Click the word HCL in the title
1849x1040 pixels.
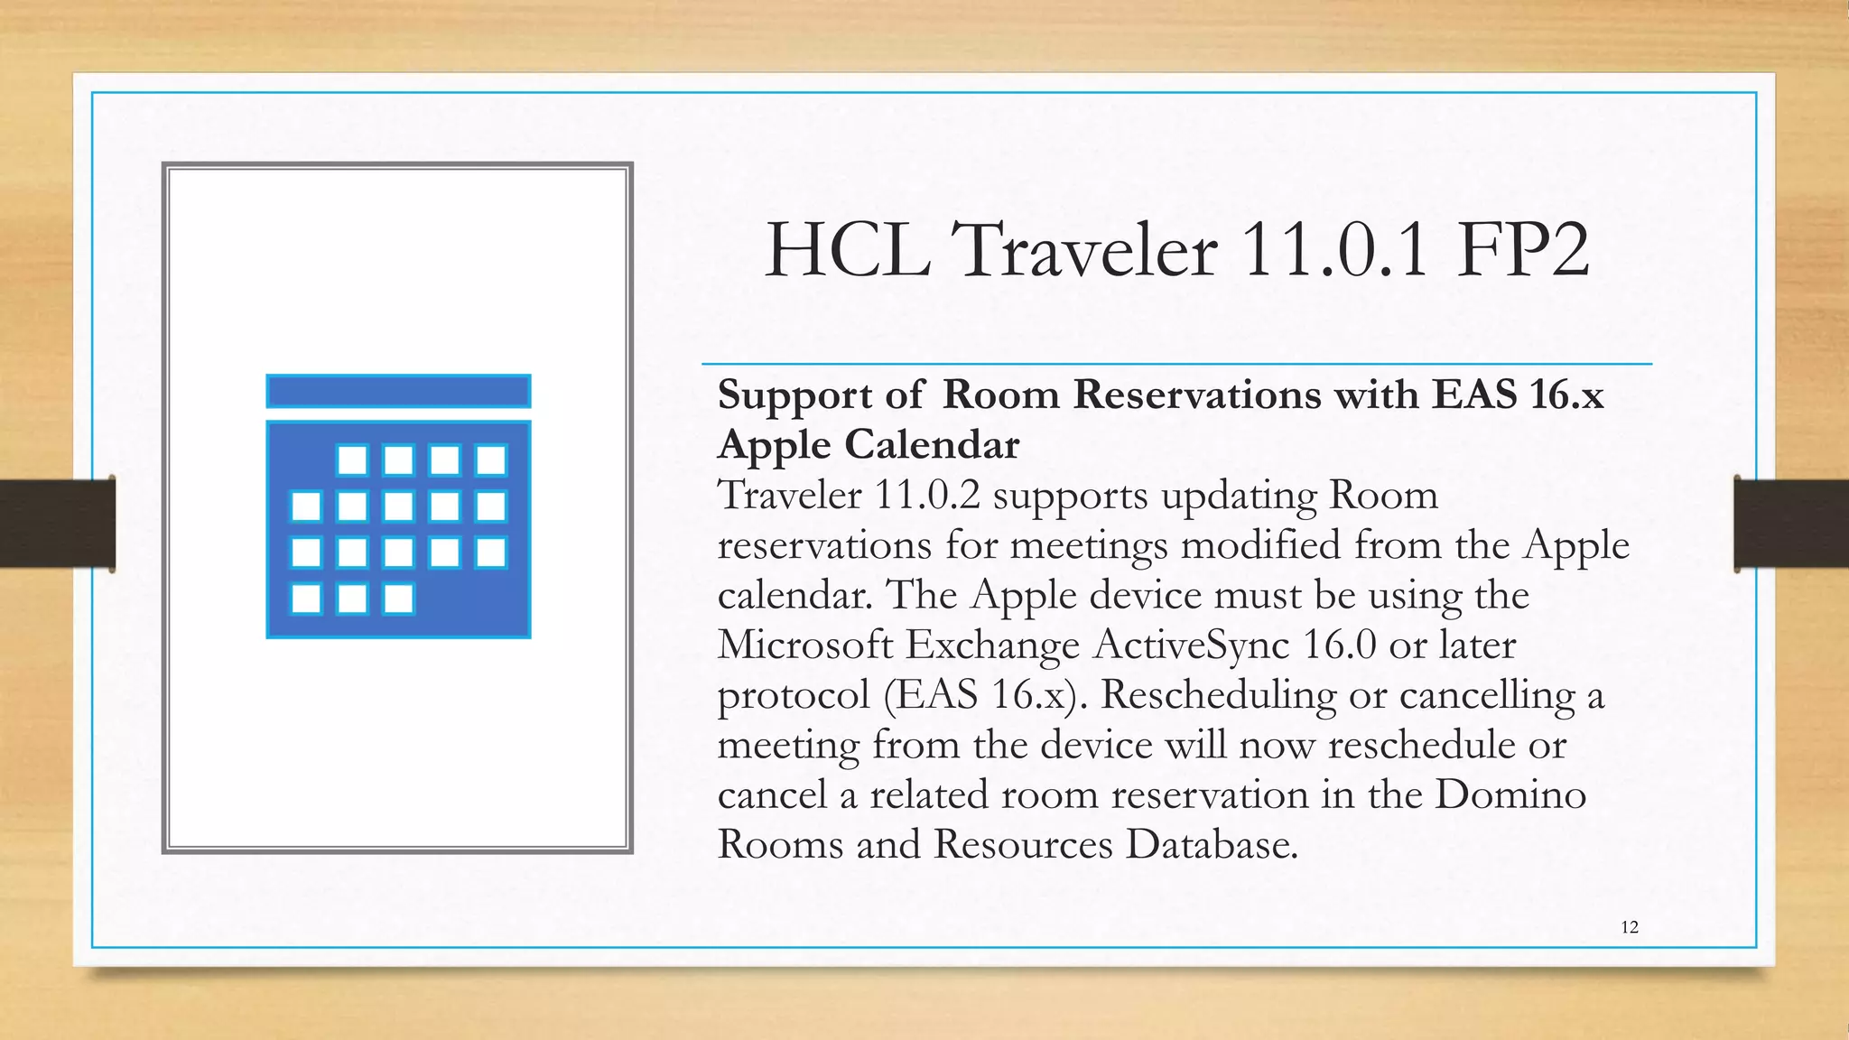tap(848, 250)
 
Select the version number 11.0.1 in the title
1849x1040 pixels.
tap(1334, 250)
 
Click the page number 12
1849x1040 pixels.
tap(1630, 927)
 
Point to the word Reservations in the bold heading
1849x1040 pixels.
tap(1197, 395)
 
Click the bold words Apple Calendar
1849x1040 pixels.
tap(869, 444)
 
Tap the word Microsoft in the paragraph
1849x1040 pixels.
tap(805, 645)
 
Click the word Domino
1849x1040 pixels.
tap(1510, 794)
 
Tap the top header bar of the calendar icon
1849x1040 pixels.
tap(398, 392)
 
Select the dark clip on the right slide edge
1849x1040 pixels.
tap(1791, 524)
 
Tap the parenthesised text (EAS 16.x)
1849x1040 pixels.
tap(987, 695)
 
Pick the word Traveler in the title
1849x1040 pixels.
tap(1083, 250)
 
